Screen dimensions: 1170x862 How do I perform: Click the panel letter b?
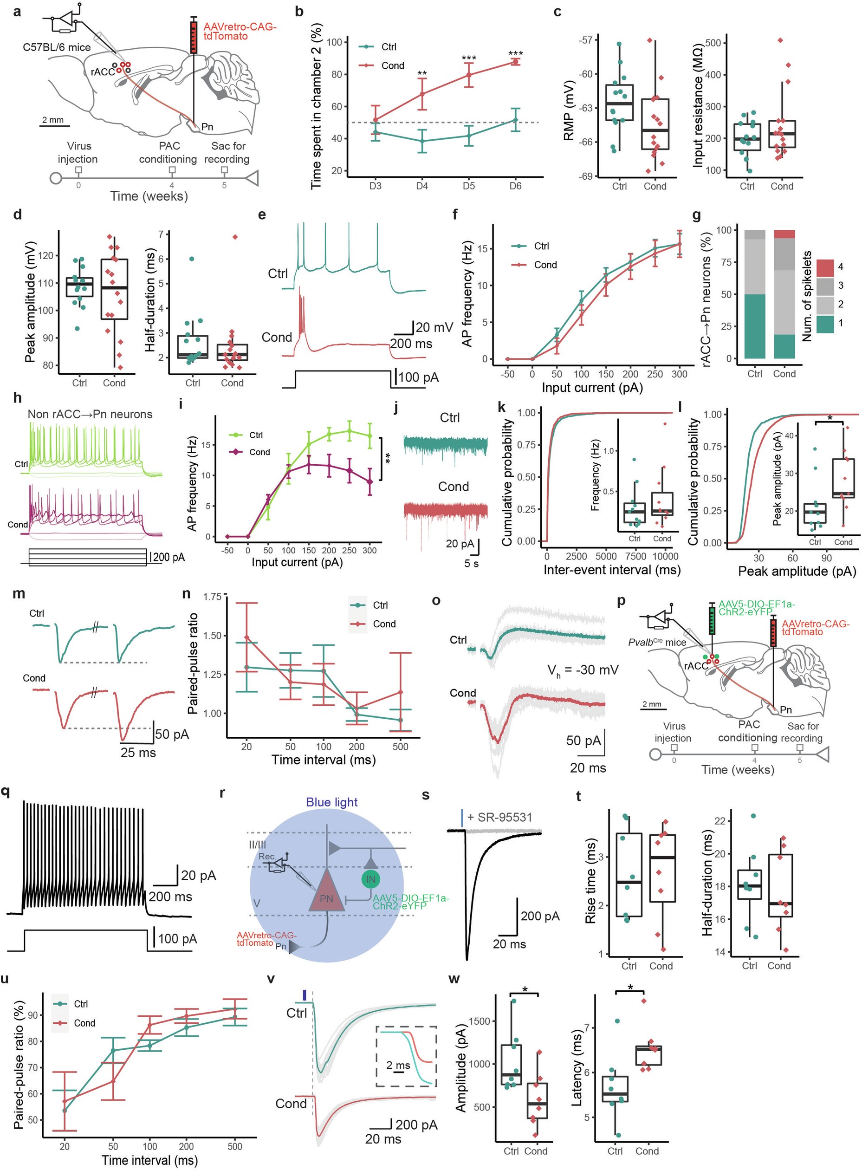(x=299, y=12)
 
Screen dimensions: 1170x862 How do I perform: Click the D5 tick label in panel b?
(x=468, y=186)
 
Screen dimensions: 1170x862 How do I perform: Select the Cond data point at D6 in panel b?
(x=516, y=62)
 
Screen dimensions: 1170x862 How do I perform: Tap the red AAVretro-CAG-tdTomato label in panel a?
(x=240, y=31)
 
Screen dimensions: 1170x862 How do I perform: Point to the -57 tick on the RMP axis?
(x=585, y=40)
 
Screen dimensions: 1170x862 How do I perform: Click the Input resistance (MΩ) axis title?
(x=699, y=104)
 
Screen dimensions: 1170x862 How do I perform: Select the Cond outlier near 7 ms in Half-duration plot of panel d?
(x=235, y=237)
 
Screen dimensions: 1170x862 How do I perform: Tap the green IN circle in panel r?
(x=370, y=879)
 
